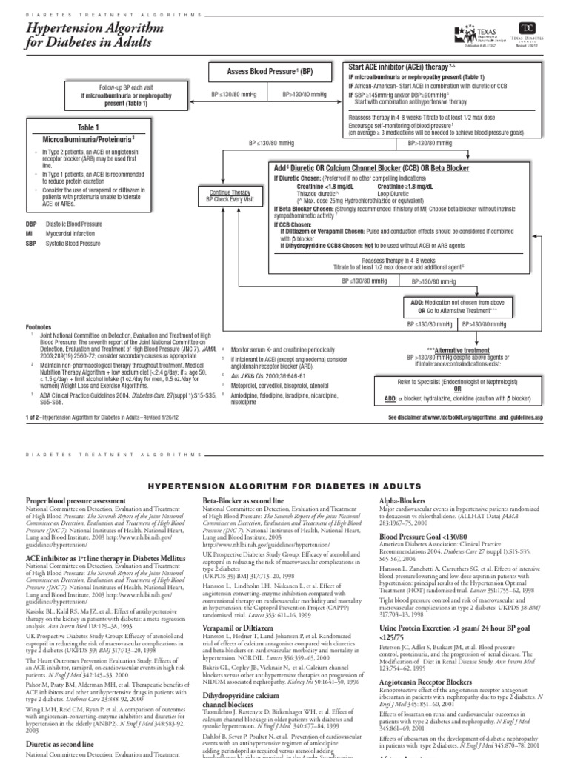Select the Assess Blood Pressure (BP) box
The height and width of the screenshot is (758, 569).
click(271, 73)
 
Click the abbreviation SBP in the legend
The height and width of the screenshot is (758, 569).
click(30, 243)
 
